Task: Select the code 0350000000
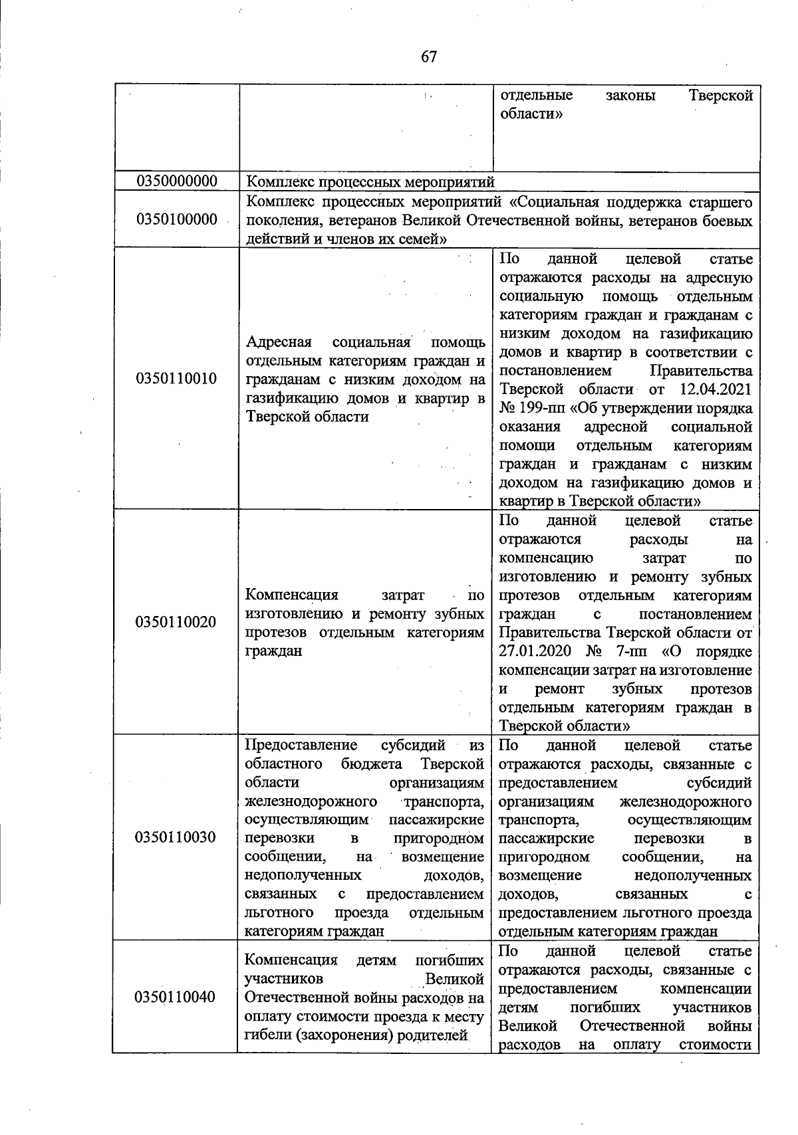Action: (x=176, y=181)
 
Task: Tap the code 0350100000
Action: (x=176, y=220)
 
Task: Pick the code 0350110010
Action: (x=176, y=379)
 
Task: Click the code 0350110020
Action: (x=176, y=622)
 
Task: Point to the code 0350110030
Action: (x=176, y=837)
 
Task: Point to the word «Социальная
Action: (x=554, y=201)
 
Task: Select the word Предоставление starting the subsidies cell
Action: (x=301, y=745)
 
